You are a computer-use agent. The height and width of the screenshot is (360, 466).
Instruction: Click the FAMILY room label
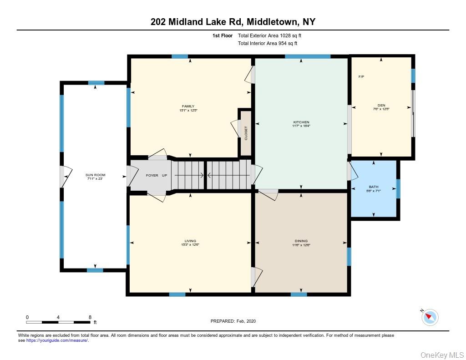[x=188, y=106]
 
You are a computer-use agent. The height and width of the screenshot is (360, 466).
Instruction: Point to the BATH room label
[x=373, y=187]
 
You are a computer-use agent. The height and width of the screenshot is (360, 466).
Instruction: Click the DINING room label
[x=301, y=241]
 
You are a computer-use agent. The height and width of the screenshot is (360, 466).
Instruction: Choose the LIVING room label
[x=190, y=241]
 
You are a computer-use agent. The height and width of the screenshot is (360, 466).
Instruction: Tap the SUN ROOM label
[x=95, y=175]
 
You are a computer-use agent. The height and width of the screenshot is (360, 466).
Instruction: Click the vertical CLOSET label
[x=246, y=133]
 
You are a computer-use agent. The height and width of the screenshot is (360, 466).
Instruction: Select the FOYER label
[x=152, y=175]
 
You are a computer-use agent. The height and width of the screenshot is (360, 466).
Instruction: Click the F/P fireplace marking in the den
[x=361, y=76]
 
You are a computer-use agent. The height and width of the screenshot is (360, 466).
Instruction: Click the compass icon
[x=430, y=317]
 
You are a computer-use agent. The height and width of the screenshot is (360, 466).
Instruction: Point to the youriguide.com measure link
[x=57, y=340]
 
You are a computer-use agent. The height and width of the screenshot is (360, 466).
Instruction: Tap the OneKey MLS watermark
[x=441, y=355]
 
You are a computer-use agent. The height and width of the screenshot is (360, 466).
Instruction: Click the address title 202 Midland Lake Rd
[x=233, y=21]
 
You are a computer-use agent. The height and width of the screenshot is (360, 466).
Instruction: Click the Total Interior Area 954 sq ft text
[x=268, y=44]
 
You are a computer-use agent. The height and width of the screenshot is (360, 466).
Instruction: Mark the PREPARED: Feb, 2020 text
[x=233, y=321]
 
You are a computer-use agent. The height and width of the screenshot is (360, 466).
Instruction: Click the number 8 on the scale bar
[x=90, y=317]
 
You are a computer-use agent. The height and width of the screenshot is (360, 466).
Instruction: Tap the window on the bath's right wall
[x=398, y=189]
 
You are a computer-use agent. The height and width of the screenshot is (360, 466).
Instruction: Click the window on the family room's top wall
[x=180, y=56]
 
